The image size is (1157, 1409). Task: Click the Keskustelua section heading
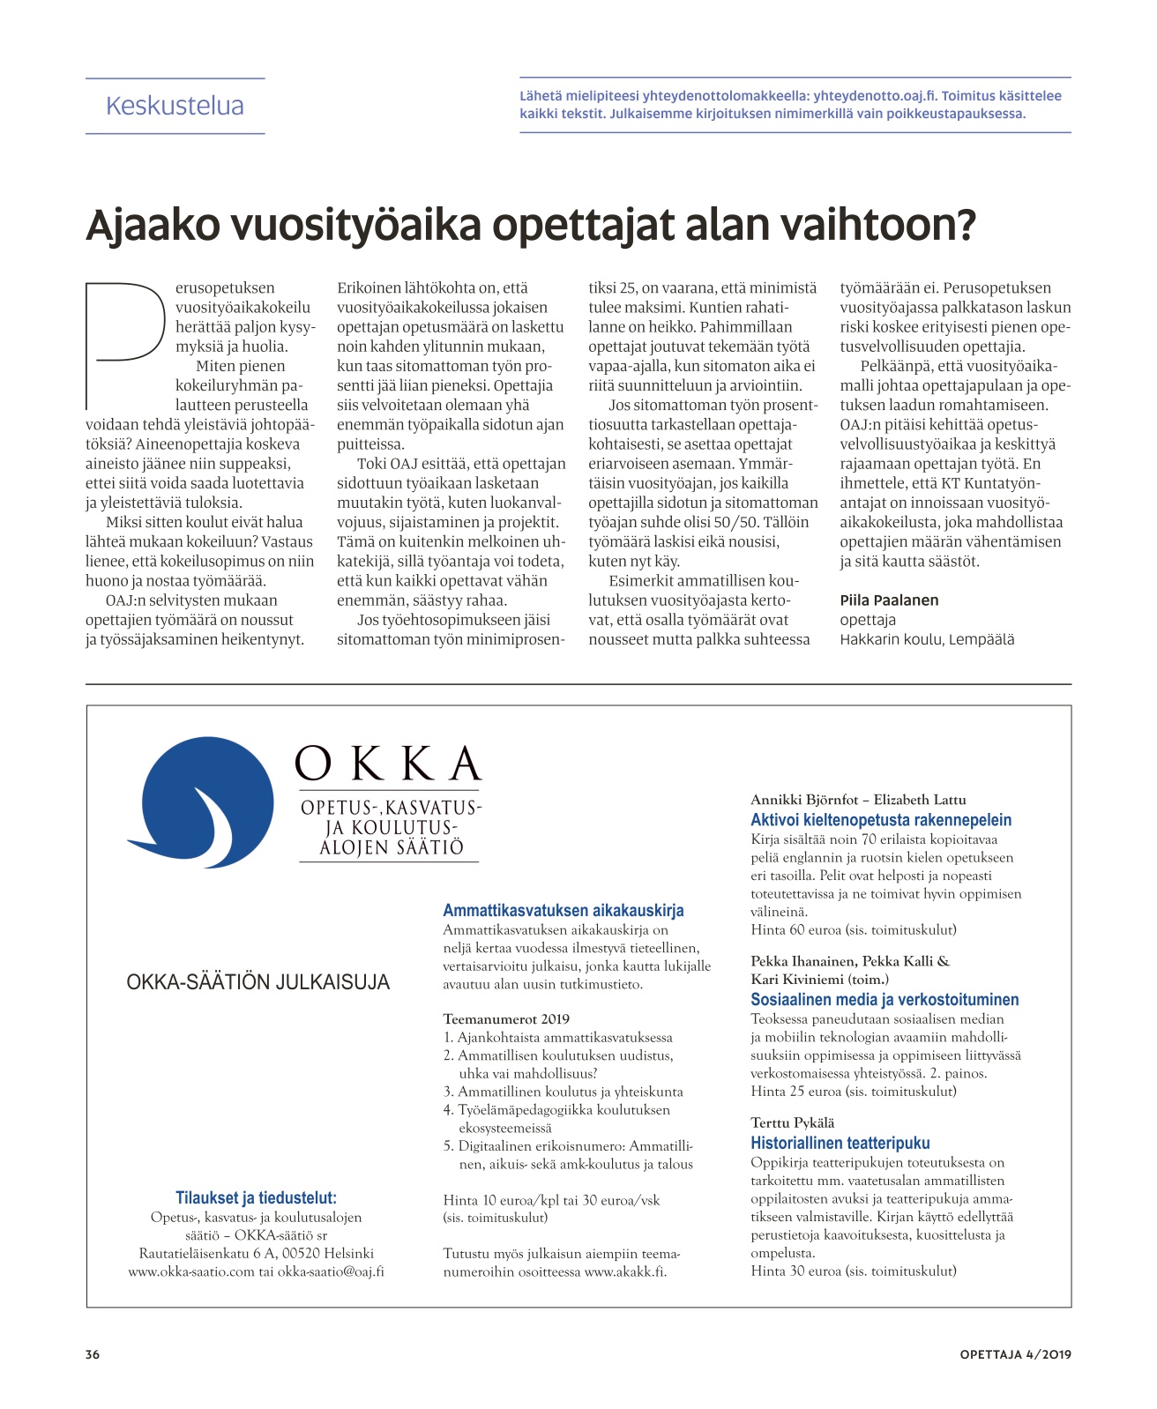click(x=175, y=106)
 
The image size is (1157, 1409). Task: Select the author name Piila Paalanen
click(x=889, y=600)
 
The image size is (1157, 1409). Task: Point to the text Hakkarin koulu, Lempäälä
click(x=926, y=639)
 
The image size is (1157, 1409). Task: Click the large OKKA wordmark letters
click(x=388, y=764)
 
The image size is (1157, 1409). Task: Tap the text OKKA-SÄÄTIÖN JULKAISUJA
click(x=258, y=982)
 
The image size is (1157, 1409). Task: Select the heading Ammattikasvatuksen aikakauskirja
click(x=563, y=911)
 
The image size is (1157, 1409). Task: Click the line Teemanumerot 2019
click(x=506, y=1019)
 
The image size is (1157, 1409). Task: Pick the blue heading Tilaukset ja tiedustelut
click(x=256, y=1197)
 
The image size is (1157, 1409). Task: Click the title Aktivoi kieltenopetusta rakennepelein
click(x=880, y=820)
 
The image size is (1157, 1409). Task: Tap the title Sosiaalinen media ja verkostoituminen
click(x=884, y=1000)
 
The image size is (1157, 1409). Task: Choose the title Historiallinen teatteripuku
click(x=840, y=1144)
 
